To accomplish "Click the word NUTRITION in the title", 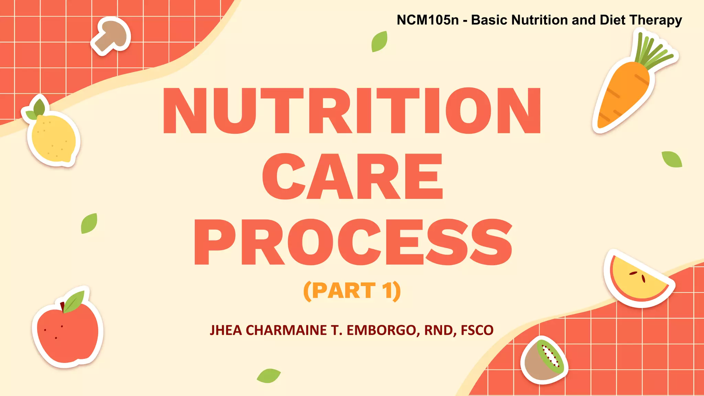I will click(x=352, y=111).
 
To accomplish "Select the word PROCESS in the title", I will click(x=353, y=242).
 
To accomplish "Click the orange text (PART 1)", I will click(x=352, y=291).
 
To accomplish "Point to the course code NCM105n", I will click(x=428, y=20).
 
